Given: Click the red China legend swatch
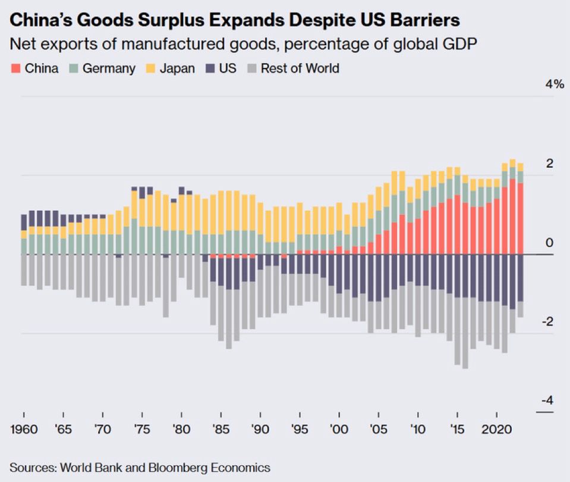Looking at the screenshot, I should (x=15, y=68).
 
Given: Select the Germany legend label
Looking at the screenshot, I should (x=109, y=68).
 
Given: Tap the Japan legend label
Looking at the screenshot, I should (x=178, y=68).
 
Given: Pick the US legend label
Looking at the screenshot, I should (x=228, y=68).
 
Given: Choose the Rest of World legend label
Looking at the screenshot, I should (x=300, y=68).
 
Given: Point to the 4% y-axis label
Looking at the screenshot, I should (x=554, y=84).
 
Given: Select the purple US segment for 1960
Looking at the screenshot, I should (x=24, y=222).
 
